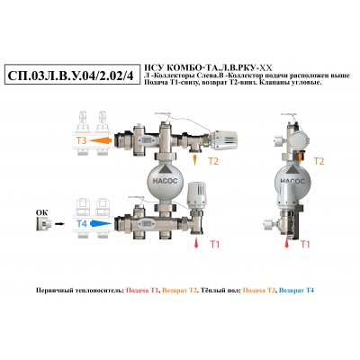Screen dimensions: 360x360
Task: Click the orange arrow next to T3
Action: point(101,140)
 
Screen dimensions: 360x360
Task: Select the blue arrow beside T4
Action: point(101,223)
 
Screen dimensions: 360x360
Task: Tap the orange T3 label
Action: point(82,140)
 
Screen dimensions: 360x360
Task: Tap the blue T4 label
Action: point(82,224)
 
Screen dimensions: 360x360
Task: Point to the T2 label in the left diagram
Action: point(213,161)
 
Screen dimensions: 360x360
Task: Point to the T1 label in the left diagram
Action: point(214,245)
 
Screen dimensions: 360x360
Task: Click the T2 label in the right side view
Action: point(319,161)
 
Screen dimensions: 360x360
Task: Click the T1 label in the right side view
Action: point(305,245)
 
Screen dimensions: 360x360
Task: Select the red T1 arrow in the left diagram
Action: point(196,242)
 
